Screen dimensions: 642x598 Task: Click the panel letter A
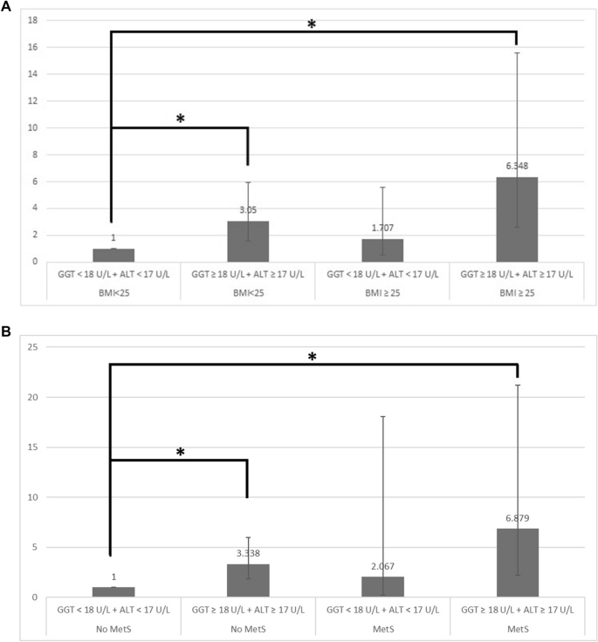(7, 6)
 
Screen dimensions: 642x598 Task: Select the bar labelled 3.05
(248, 241)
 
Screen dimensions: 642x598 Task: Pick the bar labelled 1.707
(382, 250)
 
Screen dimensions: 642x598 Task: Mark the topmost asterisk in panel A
(312, 24)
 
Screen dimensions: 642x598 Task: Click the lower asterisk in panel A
(181, 119)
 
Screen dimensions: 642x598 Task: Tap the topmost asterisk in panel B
(312, 358)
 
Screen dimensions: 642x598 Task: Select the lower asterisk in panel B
(181, 453)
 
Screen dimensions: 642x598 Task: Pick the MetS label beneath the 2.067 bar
(382, 625)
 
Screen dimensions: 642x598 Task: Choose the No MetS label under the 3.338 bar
(248, 625)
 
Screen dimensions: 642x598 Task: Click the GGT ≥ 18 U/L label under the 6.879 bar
(517, 609)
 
